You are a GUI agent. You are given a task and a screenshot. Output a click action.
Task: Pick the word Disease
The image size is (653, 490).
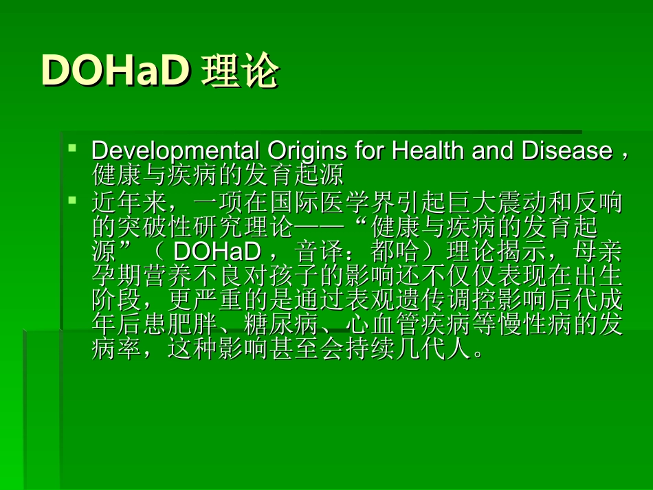567,151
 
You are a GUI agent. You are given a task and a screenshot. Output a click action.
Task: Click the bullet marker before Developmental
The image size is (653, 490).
73,148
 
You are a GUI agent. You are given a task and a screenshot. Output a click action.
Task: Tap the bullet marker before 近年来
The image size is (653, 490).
73,201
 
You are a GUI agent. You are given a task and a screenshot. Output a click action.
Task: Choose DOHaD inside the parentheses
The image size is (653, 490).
217,252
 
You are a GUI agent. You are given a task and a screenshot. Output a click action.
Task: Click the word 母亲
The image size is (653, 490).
598,252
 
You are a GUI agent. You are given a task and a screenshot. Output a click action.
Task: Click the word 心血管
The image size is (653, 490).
370,324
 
